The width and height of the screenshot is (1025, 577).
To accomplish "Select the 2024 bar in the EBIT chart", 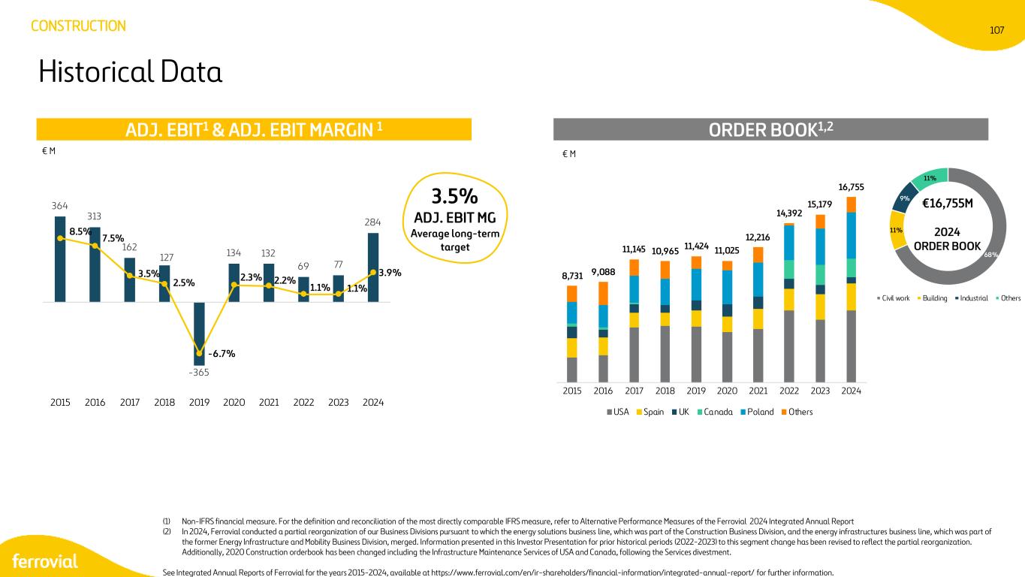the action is click(373, 267).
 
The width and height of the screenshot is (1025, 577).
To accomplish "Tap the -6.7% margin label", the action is click(222, 354).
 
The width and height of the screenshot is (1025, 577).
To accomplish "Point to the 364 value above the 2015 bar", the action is click(59, 206).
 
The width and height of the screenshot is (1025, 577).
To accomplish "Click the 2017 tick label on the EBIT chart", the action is click(129, 403).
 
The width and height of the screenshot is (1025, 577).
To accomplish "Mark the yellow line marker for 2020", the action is click(234, 285).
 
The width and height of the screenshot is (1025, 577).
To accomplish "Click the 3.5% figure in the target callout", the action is click(454, 196).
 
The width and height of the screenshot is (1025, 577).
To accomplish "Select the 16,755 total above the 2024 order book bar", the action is click(851, 187).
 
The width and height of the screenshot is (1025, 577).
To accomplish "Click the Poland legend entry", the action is click(757, 412).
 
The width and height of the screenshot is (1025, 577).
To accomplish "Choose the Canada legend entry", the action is click(715, 412).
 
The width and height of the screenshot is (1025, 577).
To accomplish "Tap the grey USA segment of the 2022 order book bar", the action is click(789, 346).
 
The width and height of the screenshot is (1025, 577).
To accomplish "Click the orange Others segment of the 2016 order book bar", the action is click(603, 293).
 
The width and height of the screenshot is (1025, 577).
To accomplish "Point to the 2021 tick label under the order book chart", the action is click(758, 391).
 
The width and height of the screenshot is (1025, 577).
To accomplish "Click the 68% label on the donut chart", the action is click(990, 255).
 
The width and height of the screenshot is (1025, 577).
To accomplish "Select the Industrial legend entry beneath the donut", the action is click(972, 298).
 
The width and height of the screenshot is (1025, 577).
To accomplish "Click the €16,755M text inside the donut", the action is click(947, 204).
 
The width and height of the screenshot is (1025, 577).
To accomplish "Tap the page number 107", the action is click(996, 30).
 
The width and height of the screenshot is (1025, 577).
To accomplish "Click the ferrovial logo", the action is click(45, 561).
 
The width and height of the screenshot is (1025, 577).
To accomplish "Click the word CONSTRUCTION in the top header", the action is click(78, 26).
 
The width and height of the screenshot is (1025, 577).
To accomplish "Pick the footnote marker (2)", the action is click(167, 532).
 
